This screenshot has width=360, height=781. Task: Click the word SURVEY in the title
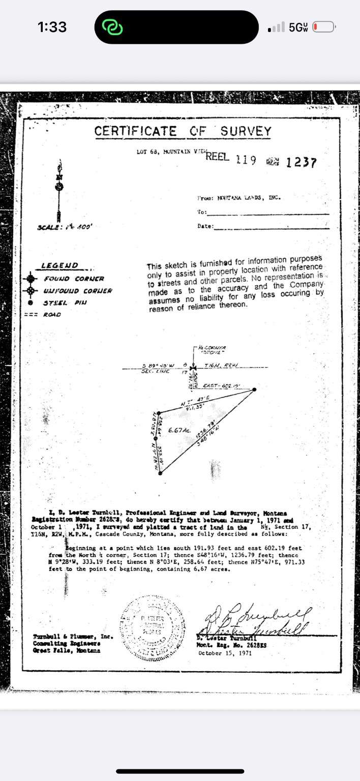tap(246, 131)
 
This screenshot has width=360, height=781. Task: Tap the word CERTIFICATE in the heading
tap(136, 131)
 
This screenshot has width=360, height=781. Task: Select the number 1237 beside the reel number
tap(302, 163)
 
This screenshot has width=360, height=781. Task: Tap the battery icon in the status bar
tap(323, 27)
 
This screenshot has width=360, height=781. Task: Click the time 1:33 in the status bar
tap(52, 27)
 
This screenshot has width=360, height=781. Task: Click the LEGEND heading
tap(59, 265)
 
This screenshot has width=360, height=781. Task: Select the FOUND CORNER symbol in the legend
tap(31, 279)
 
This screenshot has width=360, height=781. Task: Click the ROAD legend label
tap(52, 315)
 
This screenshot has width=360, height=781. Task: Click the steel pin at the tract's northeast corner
tap(254, 389)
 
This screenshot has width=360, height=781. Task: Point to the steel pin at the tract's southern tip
tap(161, 473)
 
